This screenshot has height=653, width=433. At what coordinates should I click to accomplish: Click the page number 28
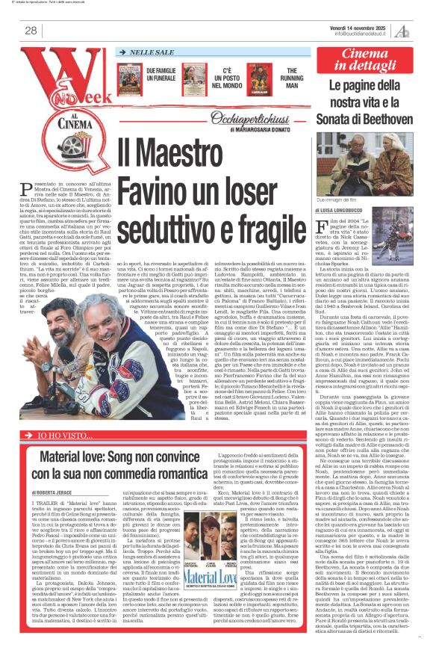tap(31, 30)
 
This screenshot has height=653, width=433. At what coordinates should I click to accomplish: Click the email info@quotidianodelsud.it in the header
tap(365, 34)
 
